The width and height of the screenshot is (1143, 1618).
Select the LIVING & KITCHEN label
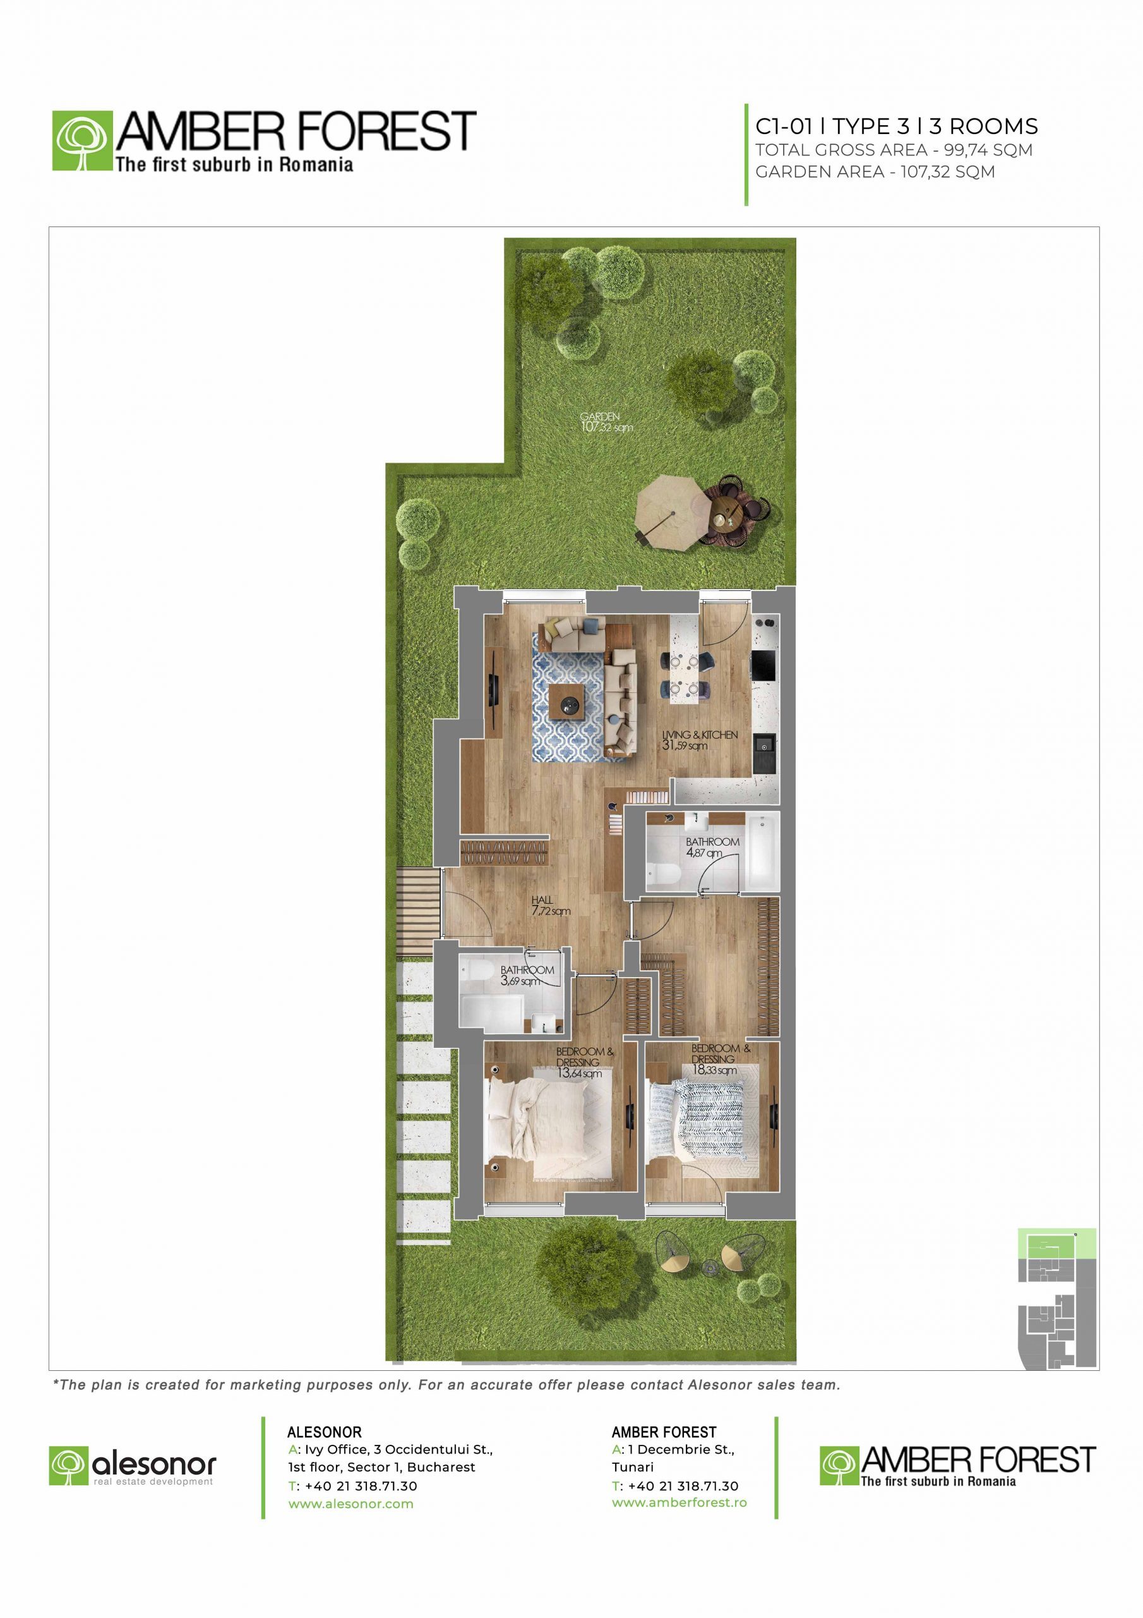(x=700, y=735)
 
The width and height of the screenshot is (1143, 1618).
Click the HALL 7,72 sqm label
(x=549, y=906)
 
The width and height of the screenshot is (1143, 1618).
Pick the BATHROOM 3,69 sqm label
(x=527, y=975)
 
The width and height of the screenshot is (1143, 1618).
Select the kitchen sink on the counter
(x=763, y=752)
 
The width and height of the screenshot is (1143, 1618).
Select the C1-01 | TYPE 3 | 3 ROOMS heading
(x=896, y=126)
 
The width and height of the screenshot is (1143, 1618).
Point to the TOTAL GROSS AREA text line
(x=894, y=150)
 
